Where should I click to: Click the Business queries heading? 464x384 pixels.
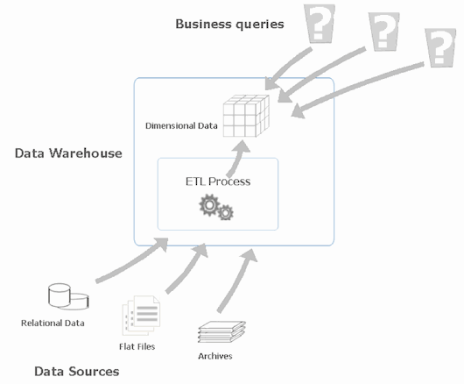(x=229, y=25)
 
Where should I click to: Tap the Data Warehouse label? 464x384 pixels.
(x=68, y=153)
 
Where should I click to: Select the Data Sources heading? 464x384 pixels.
(x=77, y=371)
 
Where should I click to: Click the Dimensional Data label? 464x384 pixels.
(x=181, y=125)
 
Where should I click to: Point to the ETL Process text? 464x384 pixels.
(x=218, y=181)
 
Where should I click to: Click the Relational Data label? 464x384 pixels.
(x=53, y=323)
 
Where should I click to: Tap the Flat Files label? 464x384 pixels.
(x=137, y=346)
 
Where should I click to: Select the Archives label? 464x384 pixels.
(x=215, y=356)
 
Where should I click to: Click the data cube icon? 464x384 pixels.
(x=246, y=116)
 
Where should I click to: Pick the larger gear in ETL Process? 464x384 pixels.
(x=209, y=205)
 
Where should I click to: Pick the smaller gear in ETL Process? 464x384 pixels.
(x=226, y=212)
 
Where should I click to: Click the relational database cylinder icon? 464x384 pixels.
(x=68, y=296)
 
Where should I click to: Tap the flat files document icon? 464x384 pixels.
(x=141, y=316)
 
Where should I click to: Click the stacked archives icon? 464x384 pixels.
(x=221, y=332)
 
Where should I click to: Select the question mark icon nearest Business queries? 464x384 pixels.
(x=320, y=24)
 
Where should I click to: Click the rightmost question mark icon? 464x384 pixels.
(x=440, y=47)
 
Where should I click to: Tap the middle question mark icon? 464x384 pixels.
(x=384, y=32)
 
